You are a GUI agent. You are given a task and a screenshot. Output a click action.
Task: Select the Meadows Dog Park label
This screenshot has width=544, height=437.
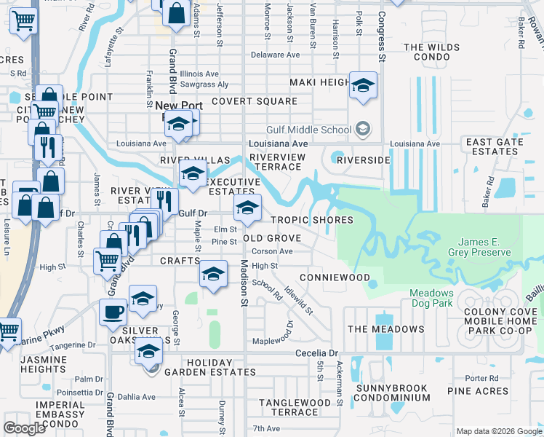click(x=432, y=298)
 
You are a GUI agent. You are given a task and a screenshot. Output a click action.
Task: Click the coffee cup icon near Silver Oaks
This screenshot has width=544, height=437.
click(x=113, y=312)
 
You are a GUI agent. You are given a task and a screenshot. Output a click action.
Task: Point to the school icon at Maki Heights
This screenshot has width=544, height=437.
click(x=363, y=87)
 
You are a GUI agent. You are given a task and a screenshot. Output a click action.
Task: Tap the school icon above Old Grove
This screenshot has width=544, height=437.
click(x=247, y=208)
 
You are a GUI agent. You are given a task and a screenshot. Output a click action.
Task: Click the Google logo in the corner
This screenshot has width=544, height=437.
click(x=24, y=428)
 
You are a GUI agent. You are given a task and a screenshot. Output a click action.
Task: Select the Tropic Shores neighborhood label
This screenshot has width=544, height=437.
click(x=312, y=220)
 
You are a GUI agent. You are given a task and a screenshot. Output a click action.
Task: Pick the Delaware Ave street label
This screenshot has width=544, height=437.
click(x=275, y=55)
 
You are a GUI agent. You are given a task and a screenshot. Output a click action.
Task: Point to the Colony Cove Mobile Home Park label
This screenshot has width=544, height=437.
click(x=497, y=321)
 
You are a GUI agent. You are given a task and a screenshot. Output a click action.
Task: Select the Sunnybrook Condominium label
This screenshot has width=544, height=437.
click(x=392, y=392)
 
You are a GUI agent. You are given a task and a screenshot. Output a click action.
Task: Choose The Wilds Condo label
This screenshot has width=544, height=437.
click(x=433, y=53)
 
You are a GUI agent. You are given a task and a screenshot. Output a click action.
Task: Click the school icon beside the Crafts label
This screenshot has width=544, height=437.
click(x=212, y=274)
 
